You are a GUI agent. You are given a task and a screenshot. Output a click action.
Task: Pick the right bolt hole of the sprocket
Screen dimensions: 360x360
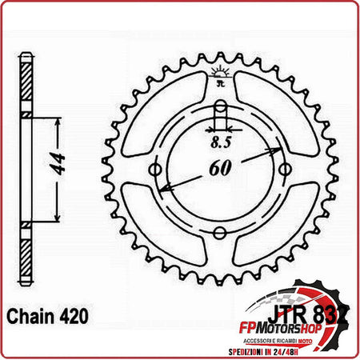pyautogui.click(x=285, y=169)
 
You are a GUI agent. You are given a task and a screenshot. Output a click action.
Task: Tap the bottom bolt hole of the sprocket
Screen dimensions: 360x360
pyautogui.click(x=220, y=234)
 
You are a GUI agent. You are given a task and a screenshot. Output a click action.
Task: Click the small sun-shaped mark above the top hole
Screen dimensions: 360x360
pyautogui.click(x=220, y=76)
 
